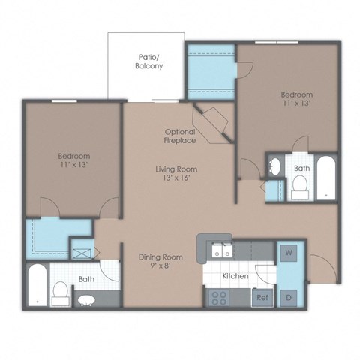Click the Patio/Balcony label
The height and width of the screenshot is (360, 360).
tap(150, 61)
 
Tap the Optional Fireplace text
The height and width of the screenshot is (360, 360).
tap(180, 136)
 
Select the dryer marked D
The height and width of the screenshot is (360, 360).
tap(289, 297)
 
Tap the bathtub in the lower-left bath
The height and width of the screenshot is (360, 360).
tap(36, 286)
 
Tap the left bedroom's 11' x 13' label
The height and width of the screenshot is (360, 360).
tap(74, 160)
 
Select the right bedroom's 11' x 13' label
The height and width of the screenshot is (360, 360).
tap(296, 100)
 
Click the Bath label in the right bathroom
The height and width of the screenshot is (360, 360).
tap(301, 169)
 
